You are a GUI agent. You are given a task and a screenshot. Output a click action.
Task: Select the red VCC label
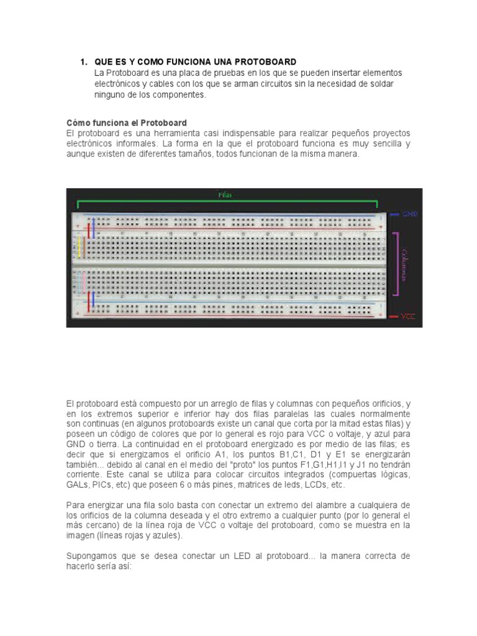pos(408,316)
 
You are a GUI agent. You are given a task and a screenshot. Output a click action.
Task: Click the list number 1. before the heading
pos(83,62)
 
